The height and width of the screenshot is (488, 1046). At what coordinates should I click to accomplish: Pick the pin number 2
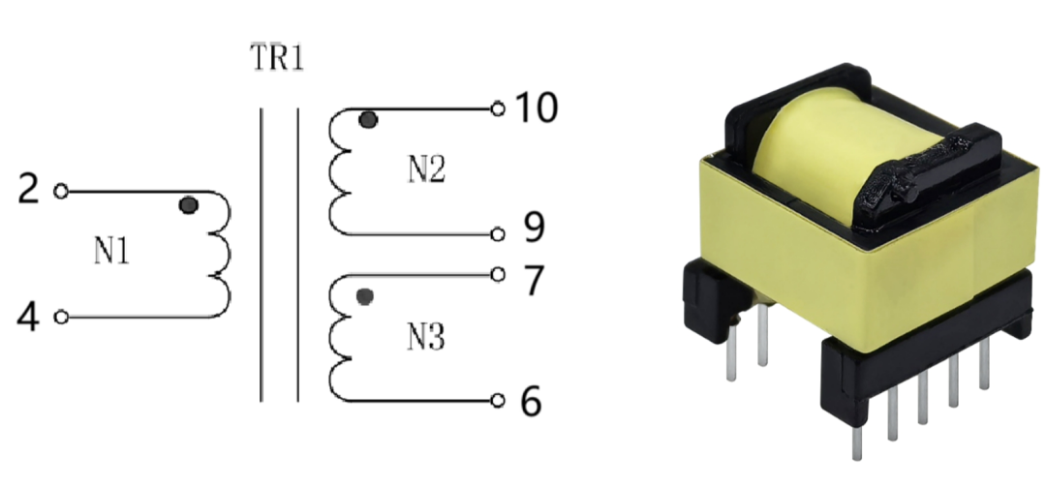click(x=29, y=190)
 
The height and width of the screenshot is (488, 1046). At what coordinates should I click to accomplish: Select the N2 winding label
click(x=426, y=170)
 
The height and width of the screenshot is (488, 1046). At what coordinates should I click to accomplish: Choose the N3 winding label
click(x=426, y=338)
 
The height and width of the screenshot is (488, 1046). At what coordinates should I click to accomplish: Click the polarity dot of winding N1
click(x=189, y=205)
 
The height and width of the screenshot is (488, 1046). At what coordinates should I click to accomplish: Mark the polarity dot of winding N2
click(x=367, y=120)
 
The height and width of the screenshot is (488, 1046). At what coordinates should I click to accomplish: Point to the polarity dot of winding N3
click(x=364, y=296)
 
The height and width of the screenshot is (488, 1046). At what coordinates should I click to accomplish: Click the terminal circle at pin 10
click(x=498, y=108)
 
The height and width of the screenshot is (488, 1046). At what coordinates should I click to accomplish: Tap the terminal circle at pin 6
click(x=498, y=400)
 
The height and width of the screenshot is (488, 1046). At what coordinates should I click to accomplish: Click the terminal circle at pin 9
click(x=498, y=233)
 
